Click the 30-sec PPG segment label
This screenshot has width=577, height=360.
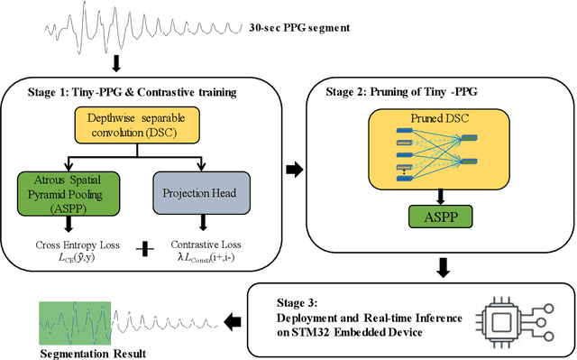tap(300, 28)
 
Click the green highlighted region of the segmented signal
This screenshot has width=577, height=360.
tap(73, 320)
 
